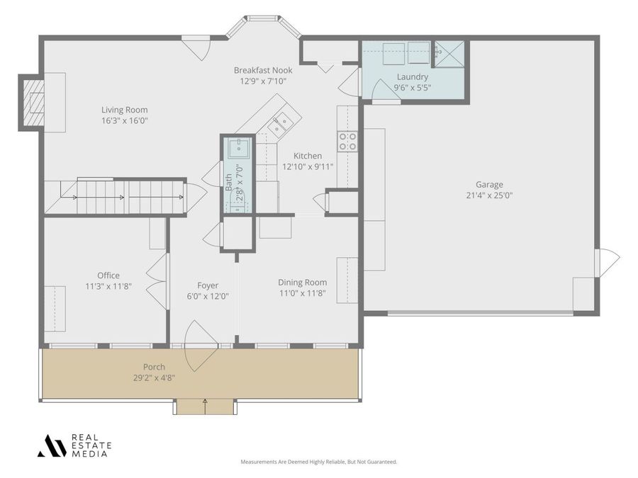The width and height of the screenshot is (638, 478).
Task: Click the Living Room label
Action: pos(124,110)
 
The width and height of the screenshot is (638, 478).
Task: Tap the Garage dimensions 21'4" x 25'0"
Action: pos(489,195)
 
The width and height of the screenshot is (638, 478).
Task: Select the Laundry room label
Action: pos(412,76)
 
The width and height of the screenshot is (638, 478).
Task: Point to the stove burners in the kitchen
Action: pos(347,142)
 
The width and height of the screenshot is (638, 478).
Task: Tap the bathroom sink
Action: pos(239,147)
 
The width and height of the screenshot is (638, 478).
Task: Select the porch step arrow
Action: pos(205,404)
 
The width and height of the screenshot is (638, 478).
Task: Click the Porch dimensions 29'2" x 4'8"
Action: pos(155,377)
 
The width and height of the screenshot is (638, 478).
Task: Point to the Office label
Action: pos(108,275)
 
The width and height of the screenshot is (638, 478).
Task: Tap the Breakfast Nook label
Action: pos(263,70)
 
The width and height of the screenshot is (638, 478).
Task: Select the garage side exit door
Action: pos(608,262)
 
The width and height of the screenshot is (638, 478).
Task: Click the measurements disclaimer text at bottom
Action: pos(318,462)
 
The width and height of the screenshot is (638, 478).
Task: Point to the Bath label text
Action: pos(229,183)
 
